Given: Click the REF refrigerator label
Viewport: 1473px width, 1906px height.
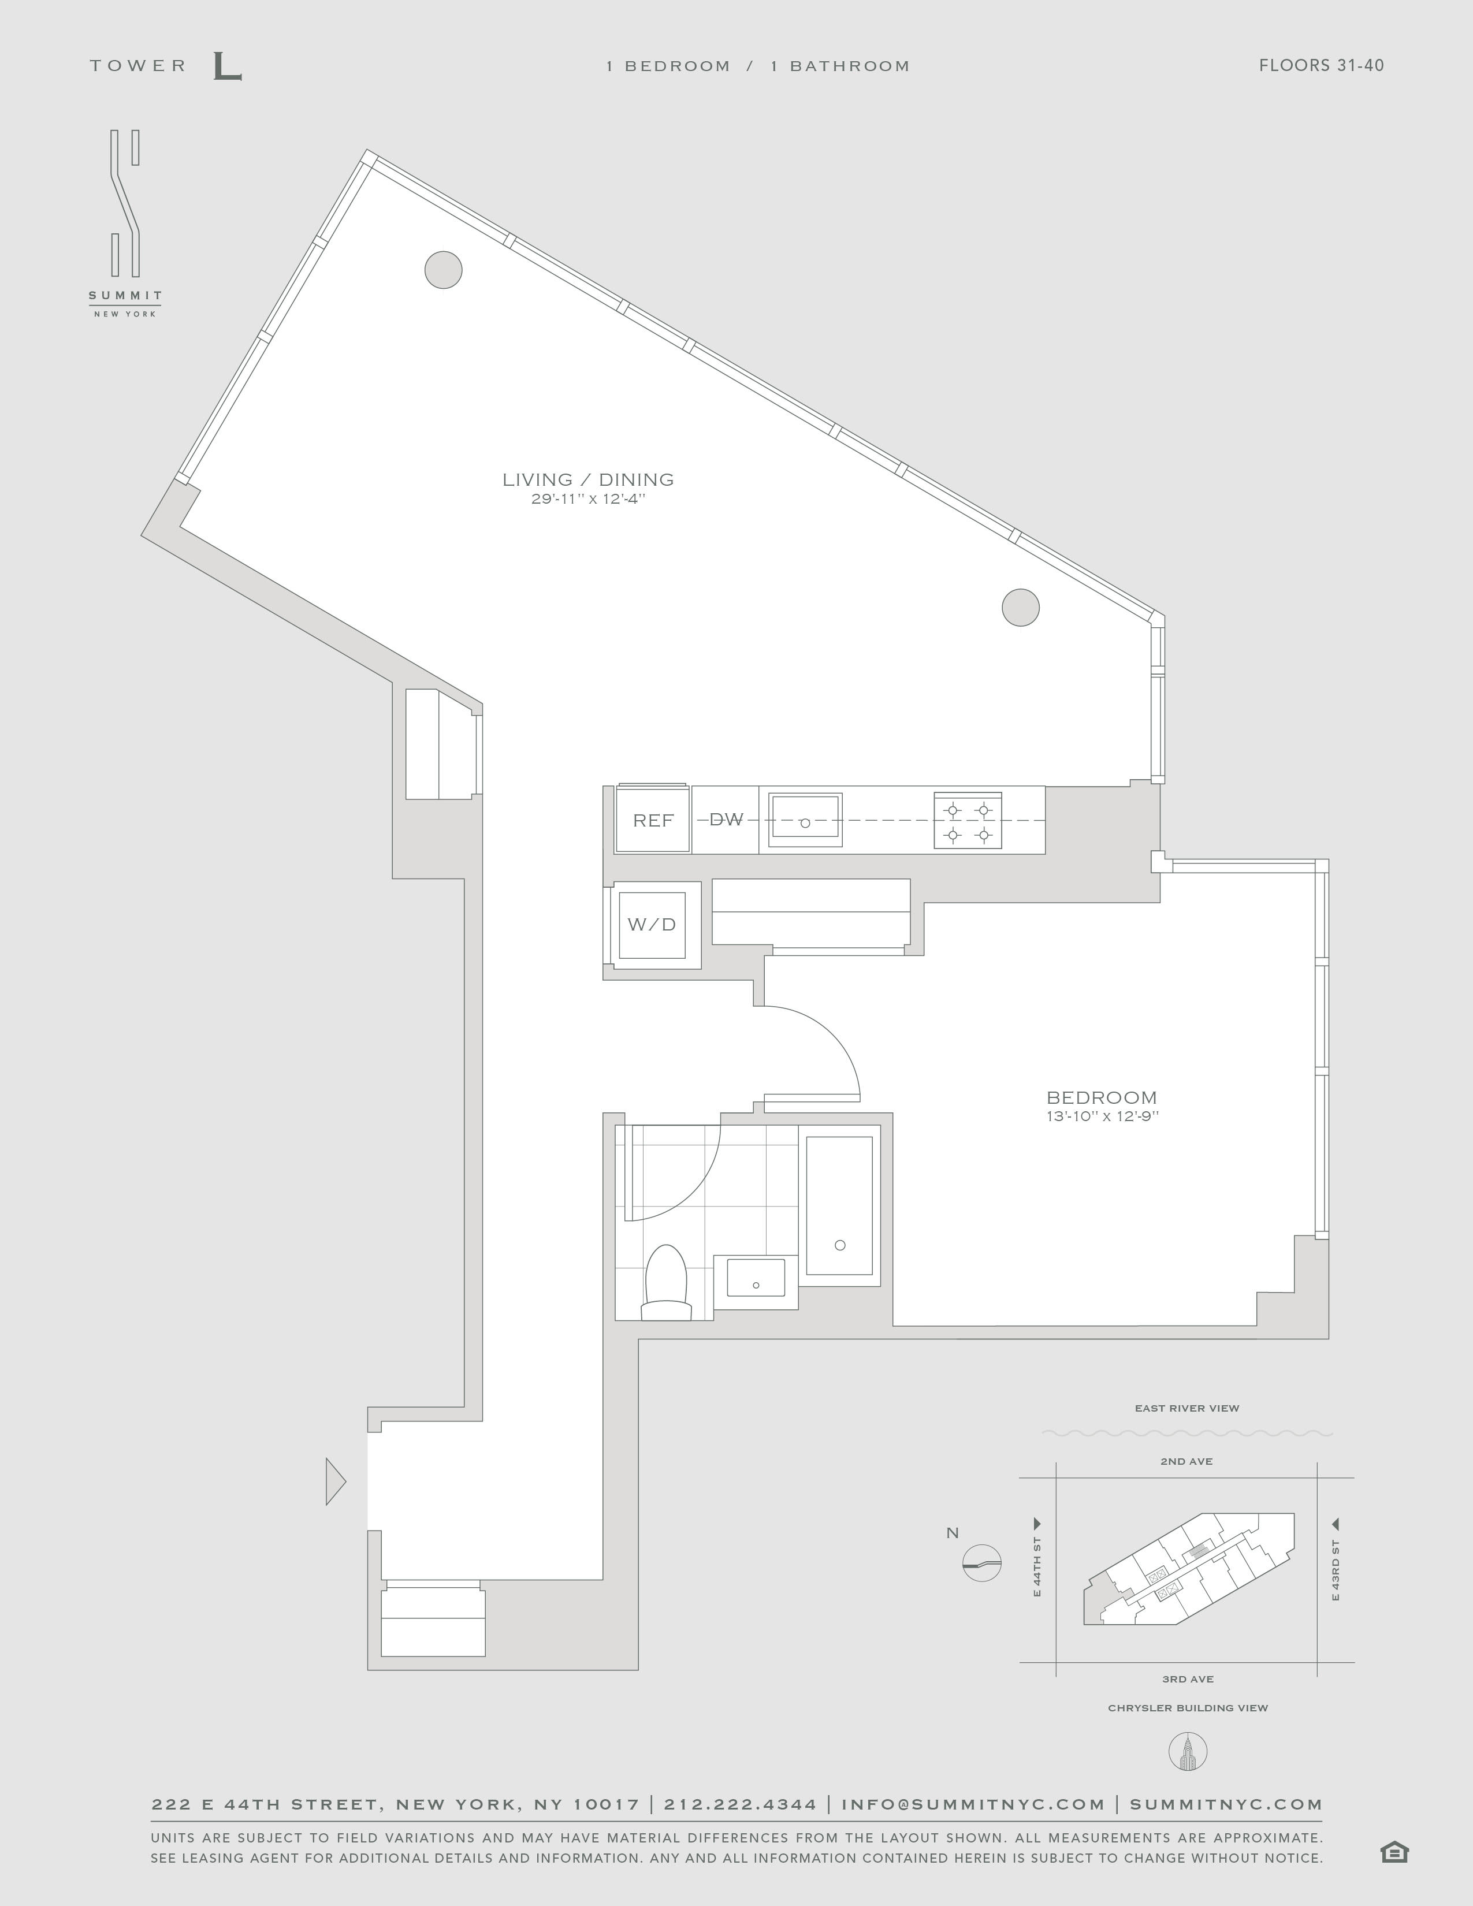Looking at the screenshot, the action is pyautogui.click(x=653, y=820).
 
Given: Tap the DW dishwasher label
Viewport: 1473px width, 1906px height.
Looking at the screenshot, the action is pyautogui.click(x=726, y=820).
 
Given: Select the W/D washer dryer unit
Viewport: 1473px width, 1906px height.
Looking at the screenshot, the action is pyautogui.click(x=652, y=925).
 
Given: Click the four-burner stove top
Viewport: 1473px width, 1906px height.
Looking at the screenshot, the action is pyautogui.click(x=968, y=820).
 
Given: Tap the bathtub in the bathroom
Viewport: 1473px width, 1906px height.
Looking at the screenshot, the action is pyautogui.click(x=839, y=1205).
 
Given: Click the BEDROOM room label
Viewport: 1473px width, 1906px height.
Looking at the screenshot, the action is pyautogui.click(x=1101, y=1098).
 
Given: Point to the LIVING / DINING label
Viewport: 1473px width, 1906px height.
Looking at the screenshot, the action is pyautogui.click(x=588, y=479).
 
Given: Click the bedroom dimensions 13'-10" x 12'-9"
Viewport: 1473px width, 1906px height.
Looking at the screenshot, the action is pyautogui.click(x=1102, y=1116).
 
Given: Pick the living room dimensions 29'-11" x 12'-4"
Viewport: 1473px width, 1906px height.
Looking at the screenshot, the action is pyautogui.click(x=588, y=499).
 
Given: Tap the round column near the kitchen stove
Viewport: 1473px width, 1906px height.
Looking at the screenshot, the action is pyautogui.click(x=1020, y=608).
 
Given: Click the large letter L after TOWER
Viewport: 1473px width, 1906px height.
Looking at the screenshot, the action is pyautogui.click(x=227, y=66).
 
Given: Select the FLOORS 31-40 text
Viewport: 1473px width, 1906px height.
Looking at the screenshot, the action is pyautogui.click(x=1321, y=65).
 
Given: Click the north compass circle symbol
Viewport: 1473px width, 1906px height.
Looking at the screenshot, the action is pyautogui.click(x=981, y=1562).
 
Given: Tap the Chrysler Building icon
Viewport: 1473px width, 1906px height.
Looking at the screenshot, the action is pyautogui.click(x=1187, y=1752).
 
